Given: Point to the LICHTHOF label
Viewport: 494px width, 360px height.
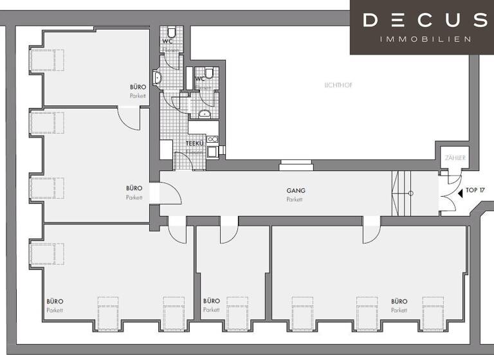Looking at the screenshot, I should click(x=340, y=85).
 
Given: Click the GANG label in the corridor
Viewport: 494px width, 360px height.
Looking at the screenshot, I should click(x=295, y=191).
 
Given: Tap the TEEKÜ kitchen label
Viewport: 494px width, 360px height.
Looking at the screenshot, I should click(x=195, y=143).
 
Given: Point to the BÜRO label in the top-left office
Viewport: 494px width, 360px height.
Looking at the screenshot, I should click(x=138, y=87).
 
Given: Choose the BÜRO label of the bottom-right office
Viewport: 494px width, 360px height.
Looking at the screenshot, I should click(x=399, y=301).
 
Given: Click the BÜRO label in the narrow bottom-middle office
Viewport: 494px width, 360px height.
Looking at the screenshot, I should click(x=211, y=301).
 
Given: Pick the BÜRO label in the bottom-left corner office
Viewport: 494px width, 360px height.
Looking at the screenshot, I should click(x=55, y=301).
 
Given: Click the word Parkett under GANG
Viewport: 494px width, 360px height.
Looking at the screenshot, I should click(x=295, y=200).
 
